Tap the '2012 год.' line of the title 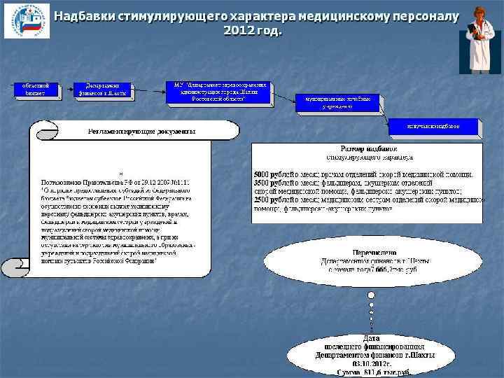[x=253, y=31]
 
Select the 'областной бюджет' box [x=36, y=90]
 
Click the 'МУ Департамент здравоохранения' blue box [x=218, y=92]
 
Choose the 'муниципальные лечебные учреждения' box [x=339, y=103]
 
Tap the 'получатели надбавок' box [x=434, y=127]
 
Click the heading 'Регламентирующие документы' [x=141, y=131]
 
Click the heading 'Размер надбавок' [x=368, y=149]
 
